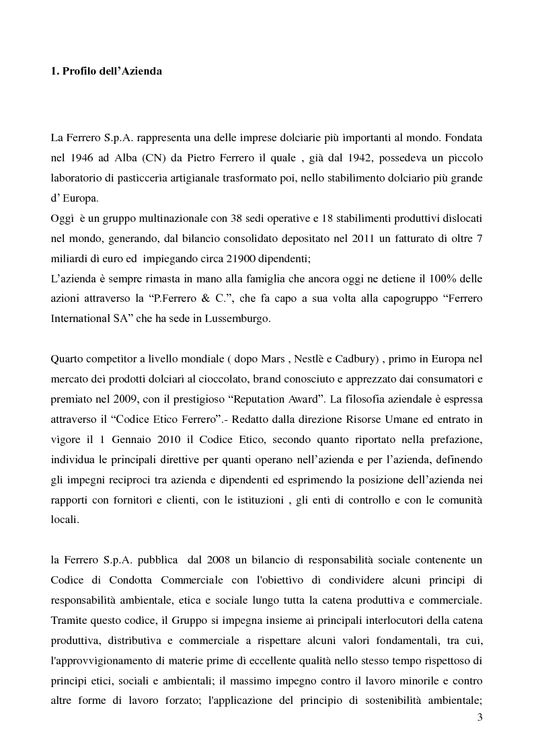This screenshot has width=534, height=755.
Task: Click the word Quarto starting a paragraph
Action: point(67,360)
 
